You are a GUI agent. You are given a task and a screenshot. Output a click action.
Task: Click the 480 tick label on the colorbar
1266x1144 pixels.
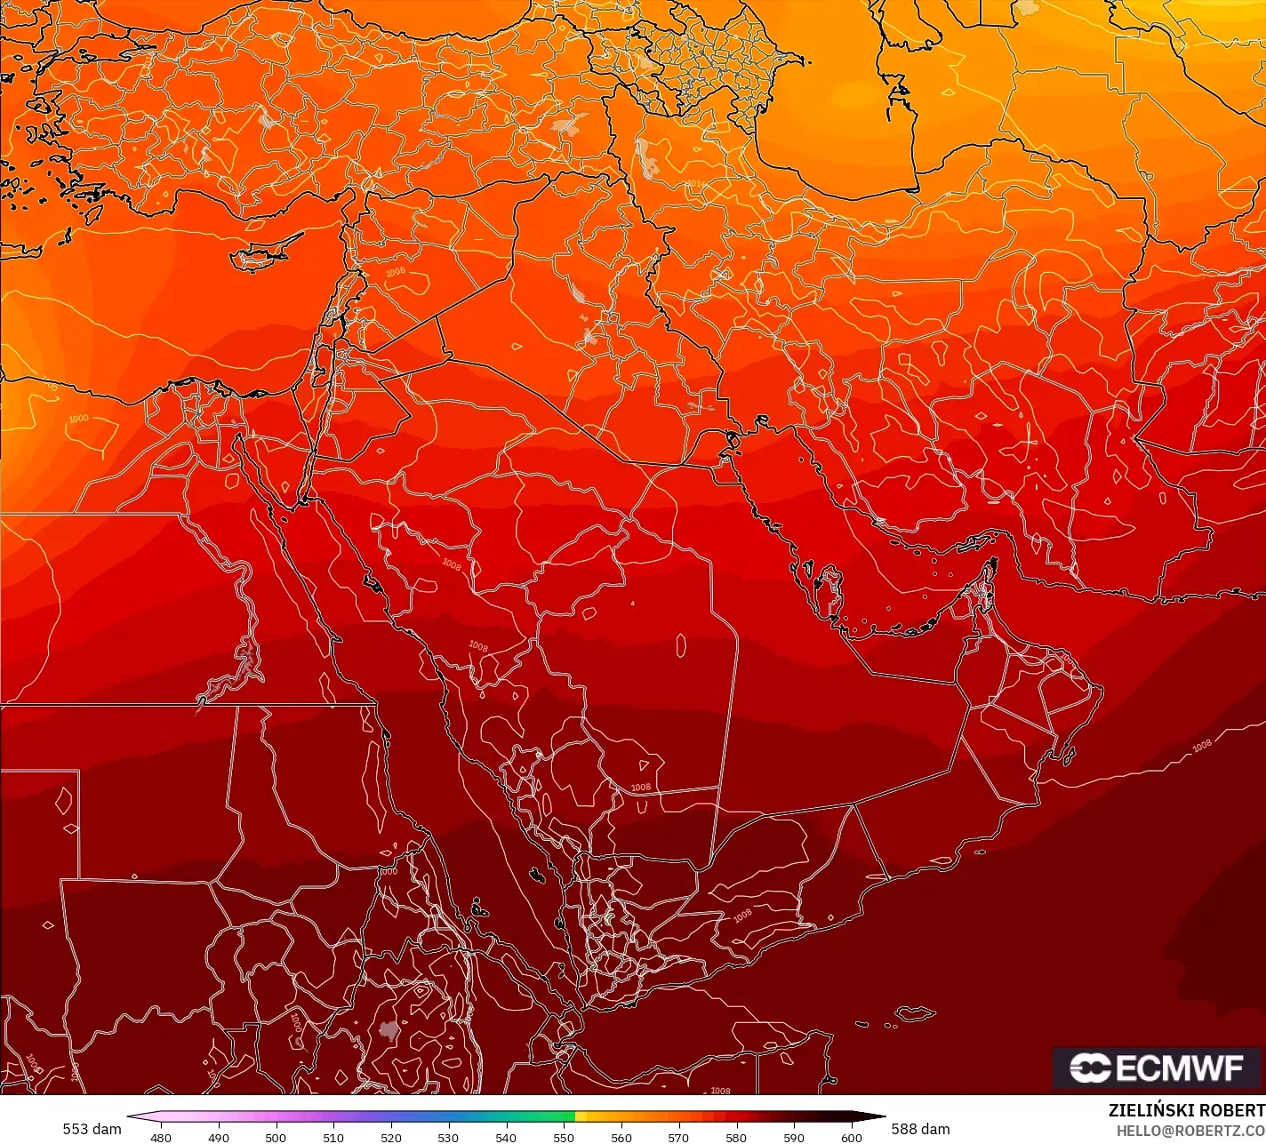pos(161,1137)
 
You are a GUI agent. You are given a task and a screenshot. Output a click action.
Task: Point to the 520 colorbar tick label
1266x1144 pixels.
pos(391,1137)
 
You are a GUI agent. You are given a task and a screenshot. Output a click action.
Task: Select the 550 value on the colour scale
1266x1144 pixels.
pos(564,1137)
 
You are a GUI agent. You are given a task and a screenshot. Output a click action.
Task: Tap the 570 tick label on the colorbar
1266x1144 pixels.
pos(679,1137)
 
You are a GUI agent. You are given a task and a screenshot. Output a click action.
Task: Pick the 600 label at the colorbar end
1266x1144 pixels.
pos(852,1137)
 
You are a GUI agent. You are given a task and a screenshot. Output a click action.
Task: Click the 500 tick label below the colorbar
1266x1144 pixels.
pos(276,1137)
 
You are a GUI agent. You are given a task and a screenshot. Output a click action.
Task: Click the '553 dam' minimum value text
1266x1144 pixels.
pos(92,1129)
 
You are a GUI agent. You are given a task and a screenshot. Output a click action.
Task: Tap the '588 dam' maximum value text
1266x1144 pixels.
pos(921,1129)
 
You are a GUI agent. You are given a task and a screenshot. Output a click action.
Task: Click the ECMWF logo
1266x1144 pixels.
pos(1157,1068)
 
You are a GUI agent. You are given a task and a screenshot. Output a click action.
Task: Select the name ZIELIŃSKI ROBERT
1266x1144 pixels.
pos(1186,1110)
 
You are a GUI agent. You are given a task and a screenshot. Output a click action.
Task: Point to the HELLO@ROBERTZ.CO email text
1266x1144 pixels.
pos(1190,1130)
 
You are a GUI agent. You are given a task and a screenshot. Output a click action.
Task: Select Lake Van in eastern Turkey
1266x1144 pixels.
pos(567,123)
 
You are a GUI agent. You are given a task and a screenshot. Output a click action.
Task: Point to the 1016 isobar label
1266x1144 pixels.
pos(695,184)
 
